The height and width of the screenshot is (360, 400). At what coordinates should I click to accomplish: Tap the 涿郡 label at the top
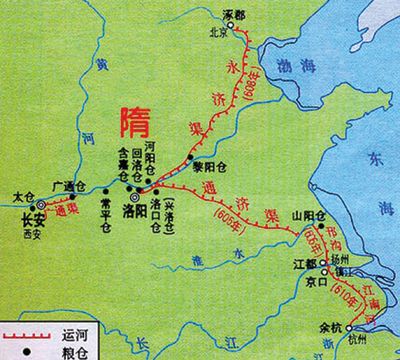[235, 17]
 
